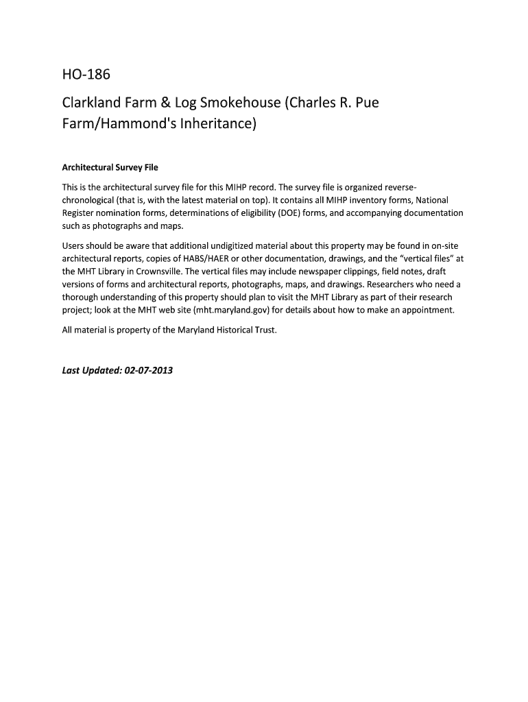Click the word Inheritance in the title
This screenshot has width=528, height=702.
pyautogui.click(x=215, y=126)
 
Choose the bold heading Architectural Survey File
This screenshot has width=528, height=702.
pyautogui.click(x=110, y=167)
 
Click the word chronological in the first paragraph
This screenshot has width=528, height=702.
pyautogui.click(x=92, y=200)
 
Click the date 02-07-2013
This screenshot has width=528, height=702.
pyautogui.click(x=149, y=371)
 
